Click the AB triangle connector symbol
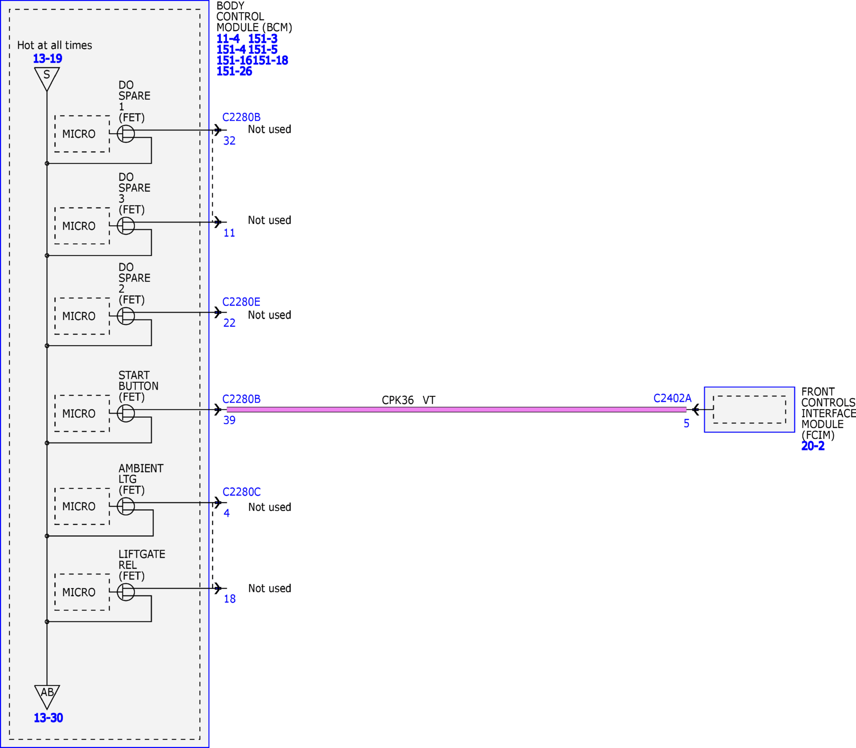point(47,696)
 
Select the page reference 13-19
point(47,58)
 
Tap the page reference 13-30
point(48,717)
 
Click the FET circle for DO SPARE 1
point(125,134)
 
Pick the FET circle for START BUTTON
point(125,413)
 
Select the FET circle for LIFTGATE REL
point(125,592)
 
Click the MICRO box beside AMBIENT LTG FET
point(82,506)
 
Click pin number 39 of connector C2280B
point(229,420)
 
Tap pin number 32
point(229,141)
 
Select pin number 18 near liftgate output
point(230,598)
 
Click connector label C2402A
point(672,398)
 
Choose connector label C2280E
point(242,301)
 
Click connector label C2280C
point(242,492)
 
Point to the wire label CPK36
point(397,400)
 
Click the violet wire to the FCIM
point(457,409)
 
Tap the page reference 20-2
point(813,446)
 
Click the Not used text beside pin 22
point(270,315)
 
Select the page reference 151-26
point(234,71)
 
